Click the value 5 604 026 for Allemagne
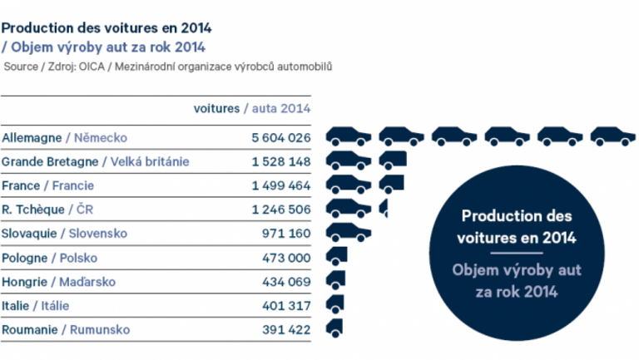[x=281, y=137]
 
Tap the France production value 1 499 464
[x=281, y=185]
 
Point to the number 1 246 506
[x=281, y=210]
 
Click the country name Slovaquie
[x=31, y=234]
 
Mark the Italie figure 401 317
[x=287, y=306]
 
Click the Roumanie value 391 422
[x=287, y=330]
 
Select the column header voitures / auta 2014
[x=251, y=108]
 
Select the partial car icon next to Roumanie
[x=334, y=328]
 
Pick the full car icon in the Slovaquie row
[x=348, y=232]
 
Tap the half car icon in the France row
[x=390, y=184]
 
